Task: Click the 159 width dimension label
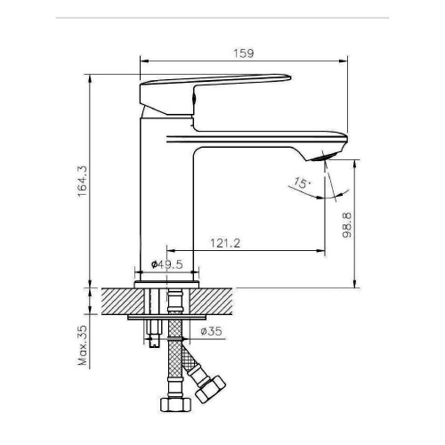[244, 53]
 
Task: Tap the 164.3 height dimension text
[83, 182]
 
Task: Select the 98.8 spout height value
[346, 225]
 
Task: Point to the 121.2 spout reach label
[225, 243]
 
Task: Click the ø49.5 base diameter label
[167, 264]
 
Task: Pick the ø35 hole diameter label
[211, 331]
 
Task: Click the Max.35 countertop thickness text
[83, 345]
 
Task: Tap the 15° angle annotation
[302, 182]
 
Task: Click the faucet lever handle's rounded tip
[288, 77]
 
